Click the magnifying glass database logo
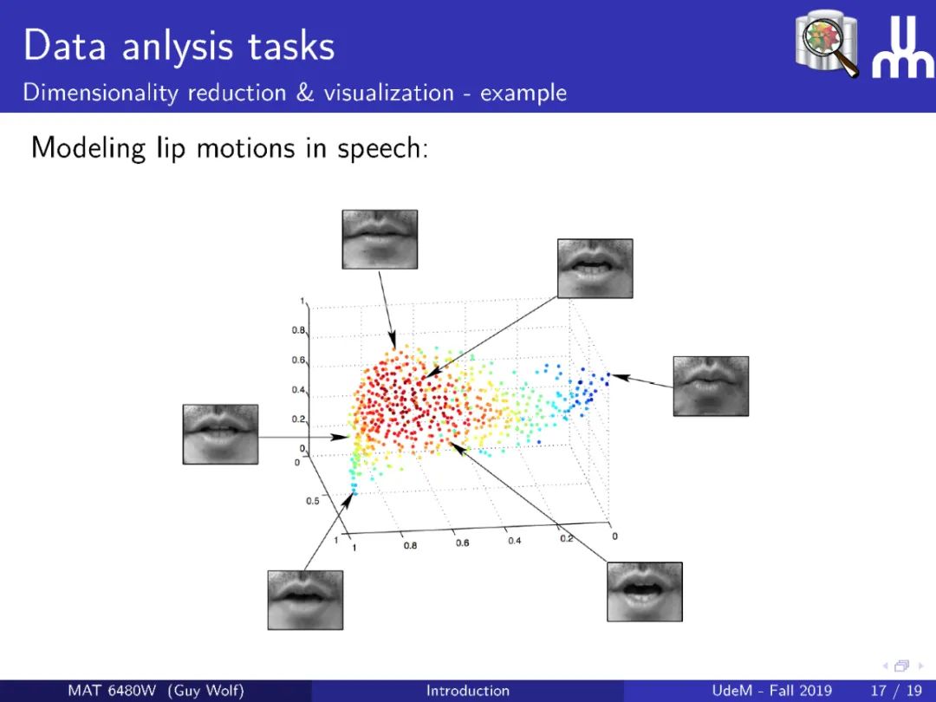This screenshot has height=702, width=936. (x=827, y=43)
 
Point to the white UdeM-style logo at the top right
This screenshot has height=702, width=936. (x=902, y=47)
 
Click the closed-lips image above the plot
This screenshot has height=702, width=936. (x=380, y=239)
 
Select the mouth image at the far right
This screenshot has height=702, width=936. (x=711, y=386)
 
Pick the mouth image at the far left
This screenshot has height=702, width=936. (x=220, y=434)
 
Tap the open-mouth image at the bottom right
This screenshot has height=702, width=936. (x=645, y=592)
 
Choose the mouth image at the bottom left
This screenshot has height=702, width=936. (x=305, y=600)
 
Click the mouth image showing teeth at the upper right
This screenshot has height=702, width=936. (x=595, y=268)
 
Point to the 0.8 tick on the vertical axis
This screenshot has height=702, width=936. (x=298, y=330)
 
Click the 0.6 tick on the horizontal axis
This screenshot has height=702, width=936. (x=462, y=543)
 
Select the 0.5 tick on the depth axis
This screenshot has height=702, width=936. (x=313, y=501)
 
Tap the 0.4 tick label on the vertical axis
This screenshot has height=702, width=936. (x=298, y=390)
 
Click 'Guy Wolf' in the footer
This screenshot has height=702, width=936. (x=206, y=691)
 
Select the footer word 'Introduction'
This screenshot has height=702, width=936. (x=468, y=691)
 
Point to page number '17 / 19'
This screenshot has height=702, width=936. (x=897, y=691)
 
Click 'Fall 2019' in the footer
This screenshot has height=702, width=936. (x=801, y=691)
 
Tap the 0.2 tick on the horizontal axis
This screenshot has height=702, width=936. (x=566, y=538)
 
